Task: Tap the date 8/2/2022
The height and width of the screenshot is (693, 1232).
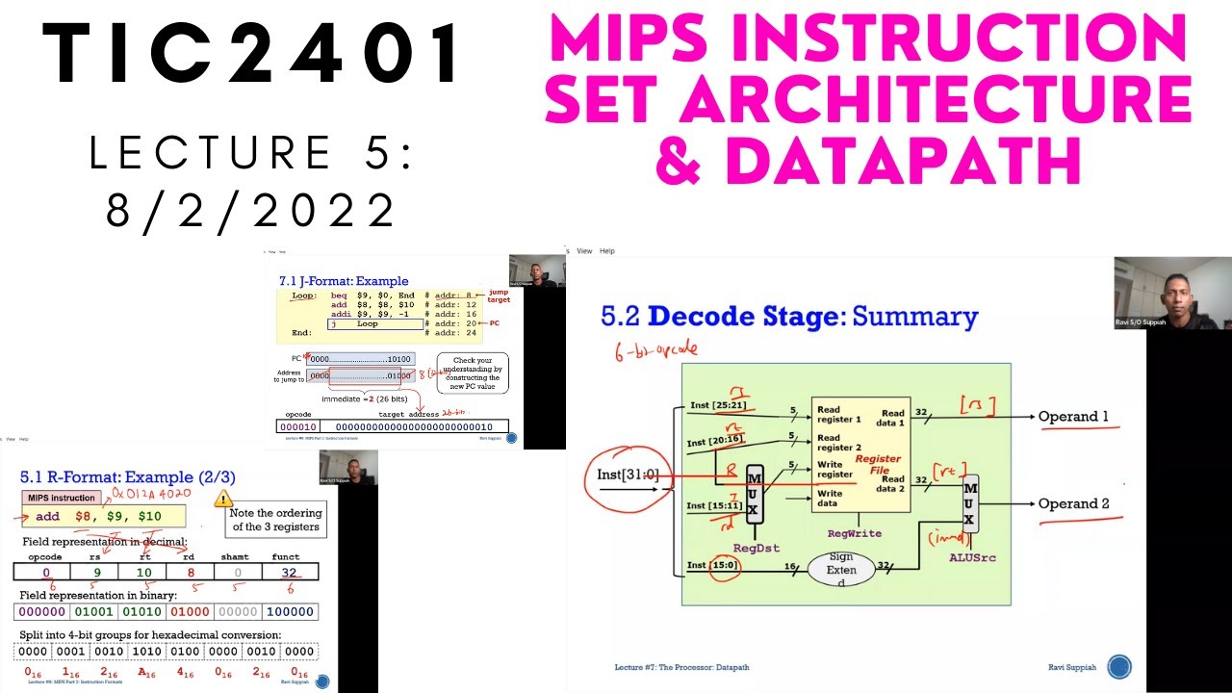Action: [252, 210]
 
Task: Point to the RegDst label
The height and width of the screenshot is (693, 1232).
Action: [757, 548]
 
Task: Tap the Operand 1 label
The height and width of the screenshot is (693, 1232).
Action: [1073, 417]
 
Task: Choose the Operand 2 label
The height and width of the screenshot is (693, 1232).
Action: [1074, 503]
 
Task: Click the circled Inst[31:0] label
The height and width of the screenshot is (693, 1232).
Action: [627, 474]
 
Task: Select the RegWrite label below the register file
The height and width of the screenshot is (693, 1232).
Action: [855, 532]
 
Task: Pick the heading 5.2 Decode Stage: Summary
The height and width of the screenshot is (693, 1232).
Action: [789, 316]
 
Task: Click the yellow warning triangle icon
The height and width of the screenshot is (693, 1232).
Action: [223, 498]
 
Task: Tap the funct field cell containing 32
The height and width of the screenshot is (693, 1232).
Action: [289, 571]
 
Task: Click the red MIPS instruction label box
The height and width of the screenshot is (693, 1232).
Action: [62, 498]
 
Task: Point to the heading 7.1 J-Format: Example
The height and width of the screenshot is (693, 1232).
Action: [343, 281]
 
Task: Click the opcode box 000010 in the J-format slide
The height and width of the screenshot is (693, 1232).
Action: [297, 426]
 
